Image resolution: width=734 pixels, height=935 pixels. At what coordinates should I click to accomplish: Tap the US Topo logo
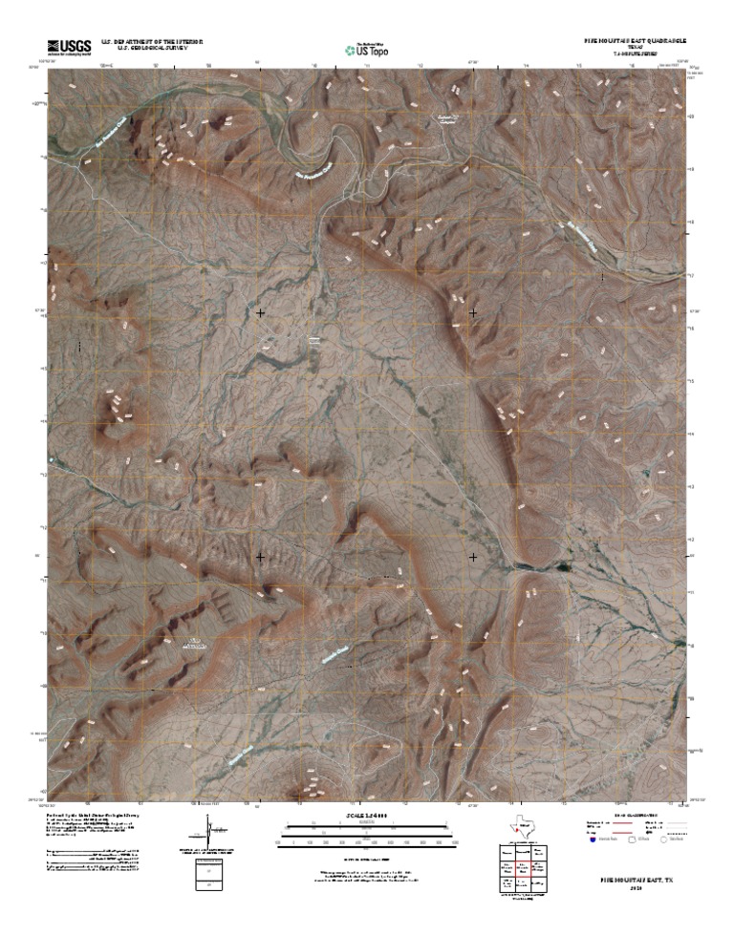(x=367, y=49)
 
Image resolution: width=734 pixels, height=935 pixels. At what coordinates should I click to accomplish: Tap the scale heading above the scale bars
(x=367, y=815)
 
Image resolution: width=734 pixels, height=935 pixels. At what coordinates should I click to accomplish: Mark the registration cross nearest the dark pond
(x=473, y=556)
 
